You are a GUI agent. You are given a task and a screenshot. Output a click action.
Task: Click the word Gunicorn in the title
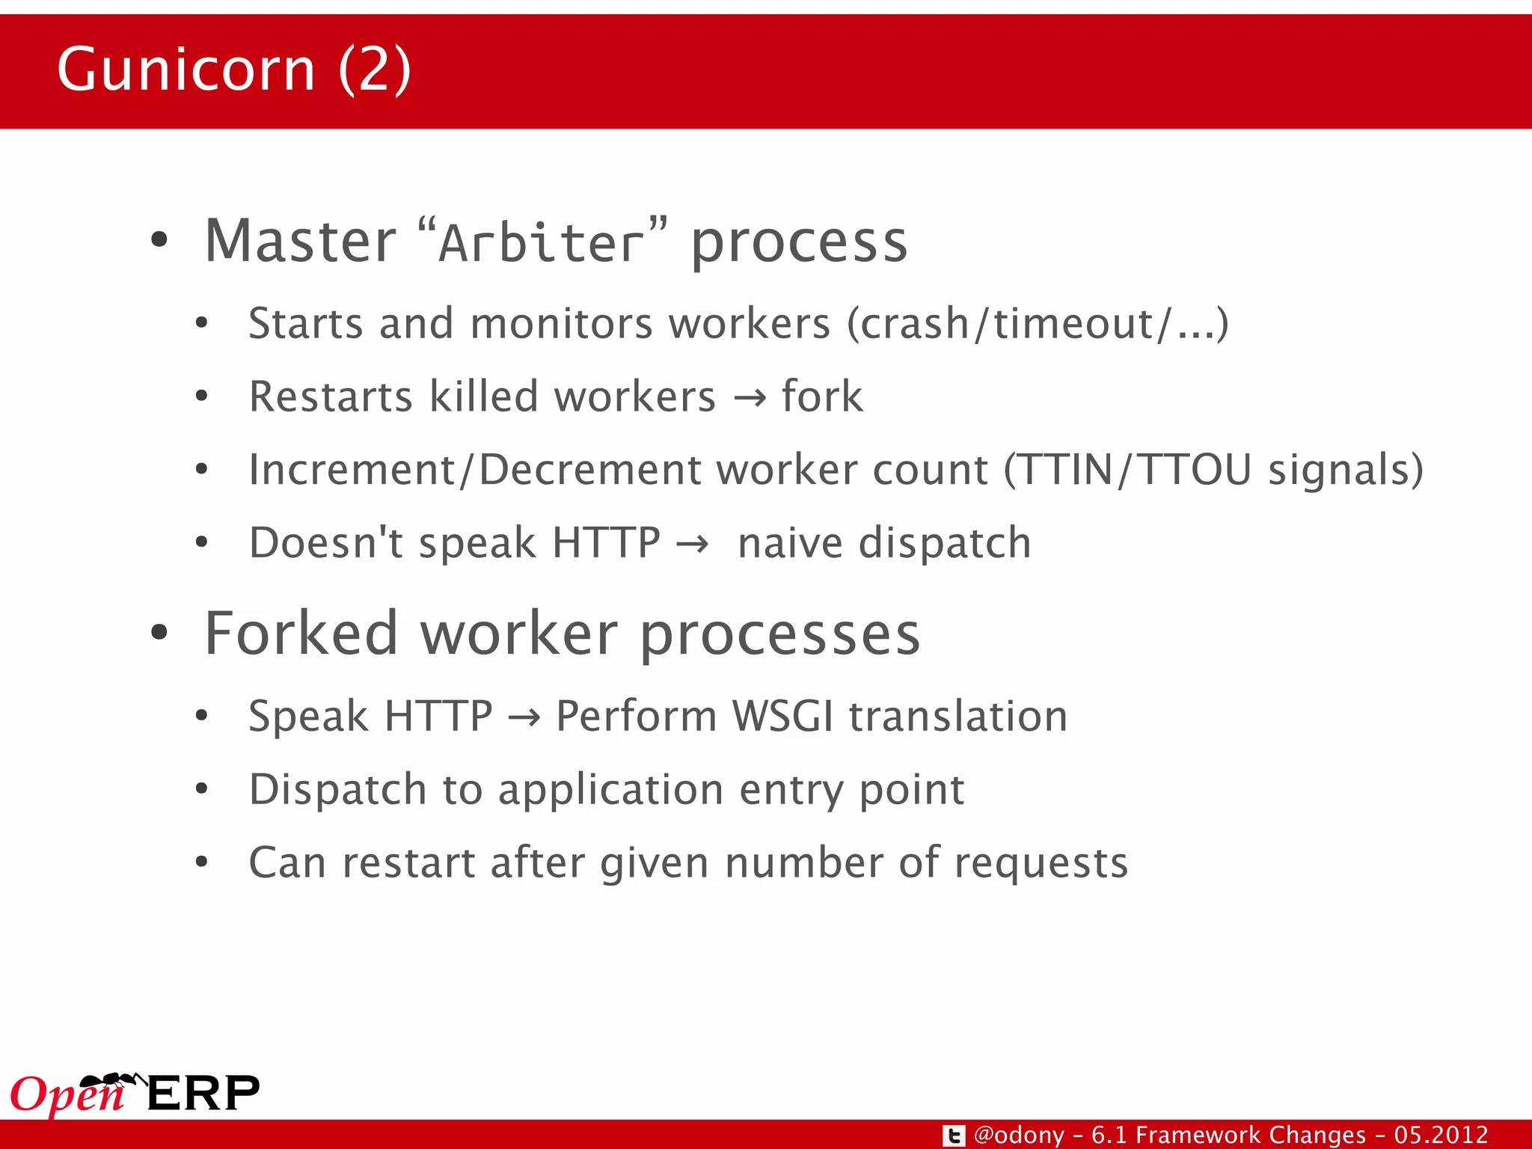point(186,70)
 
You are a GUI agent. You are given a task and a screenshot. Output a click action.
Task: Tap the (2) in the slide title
point(374,70)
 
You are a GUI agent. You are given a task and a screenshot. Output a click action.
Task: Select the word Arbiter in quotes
point(541,243)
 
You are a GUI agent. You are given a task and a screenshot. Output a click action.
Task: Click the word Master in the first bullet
point(300,242)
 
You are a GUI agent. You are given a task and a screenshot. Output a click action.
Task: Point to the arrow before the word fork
point(750,398)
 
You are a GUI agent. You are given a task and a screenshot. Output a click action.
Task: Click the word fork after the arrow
point(822,396)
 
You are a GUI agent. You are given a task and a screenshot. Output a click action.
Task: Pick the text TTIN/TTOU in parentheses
point(1136,471)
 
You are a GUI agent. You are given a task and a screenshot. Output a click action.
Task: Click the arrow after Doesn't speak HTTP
point(692,544)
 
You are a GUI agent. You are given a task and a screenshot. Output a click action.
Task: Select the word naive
point(791,543)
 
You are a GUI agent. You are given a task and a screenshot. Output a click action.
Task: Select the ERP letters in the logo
point(203,1094)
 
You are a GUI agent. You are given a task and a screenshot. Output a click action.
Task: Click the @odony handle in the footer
point(1019,1136)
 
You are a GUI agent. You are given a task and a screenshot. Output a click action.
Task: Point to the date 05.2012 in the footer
point(1441,1135)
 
